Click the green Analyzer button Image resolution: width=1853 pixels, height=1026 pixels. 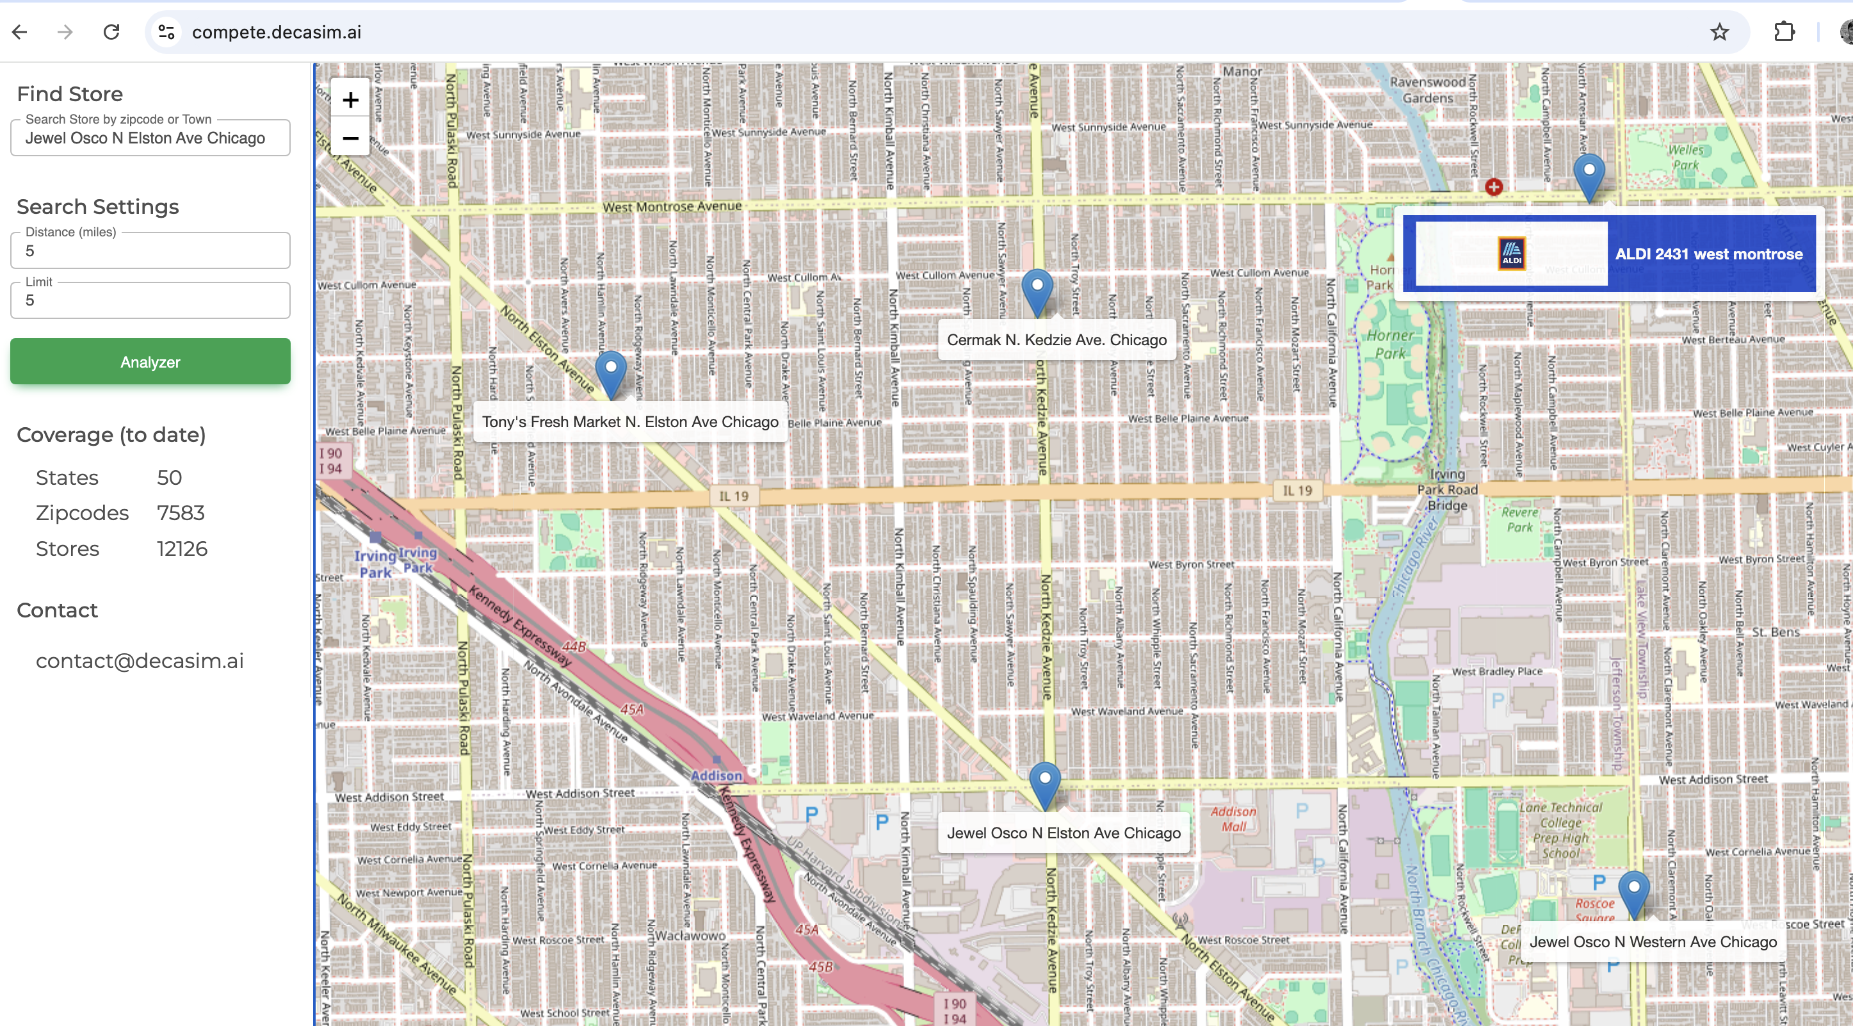point(150,361)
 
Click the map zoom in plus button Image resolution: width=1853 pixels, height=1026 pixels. point(350,100)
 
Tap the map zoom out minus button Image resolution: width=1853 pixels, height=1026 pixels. point(350,138)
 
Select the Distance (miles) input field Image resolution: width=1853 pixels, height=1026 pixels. point(150,251)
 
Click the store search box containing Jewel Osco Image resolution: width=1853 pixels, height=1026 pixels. point(150,138)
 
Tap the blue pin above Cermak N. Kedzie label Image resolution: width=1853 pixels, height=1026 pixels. point(1037,289)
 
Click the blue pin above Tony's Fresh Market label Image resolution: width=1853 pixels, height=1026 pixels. point(611,371)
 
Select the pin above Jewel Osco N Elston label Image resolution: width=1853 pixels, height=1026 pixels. point(1044,782)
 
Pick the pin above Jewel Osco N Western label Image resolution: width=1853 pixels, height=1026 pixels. point(1633,891)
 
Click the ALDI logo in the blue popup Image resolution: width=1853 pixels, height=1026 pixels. point(1511,253)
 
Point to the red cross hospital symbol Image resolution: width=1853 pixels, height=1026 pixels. point(1493,187)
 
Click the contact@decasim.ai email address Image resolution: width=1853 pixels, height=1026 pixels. point(140,660)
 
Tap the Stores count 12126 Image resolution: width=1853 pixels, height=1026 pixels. point(182,549)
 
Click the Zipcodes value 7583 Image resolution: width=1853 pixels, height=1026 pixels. point(181,513)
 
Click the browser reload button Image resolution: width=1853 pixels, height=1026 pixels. point(111,31)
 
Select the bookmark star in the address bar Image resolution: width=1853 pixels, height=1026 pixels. point(1719,31)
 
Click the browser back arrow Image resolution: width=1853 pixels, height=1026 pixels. point(19,31)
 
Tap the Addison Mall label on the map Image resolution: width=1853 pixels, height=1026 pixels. point(1233,818)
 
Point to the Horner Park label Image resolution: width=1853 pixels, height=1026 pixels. point(1389,344)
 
